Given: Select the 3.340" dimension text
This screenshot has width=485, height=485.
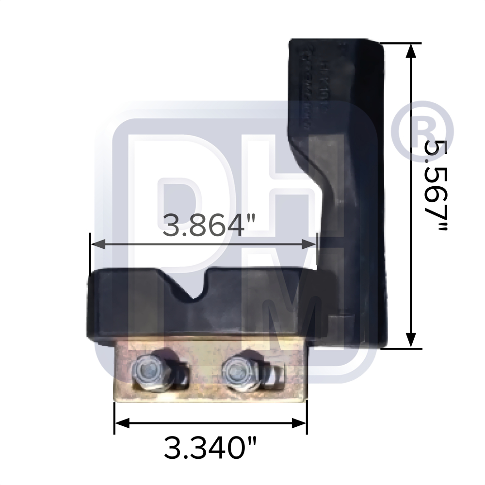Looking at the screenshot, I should click(x=210, y=449).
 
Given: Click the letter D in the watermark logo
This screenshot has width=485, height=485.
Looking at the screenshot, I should click(x=189, y=194).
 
